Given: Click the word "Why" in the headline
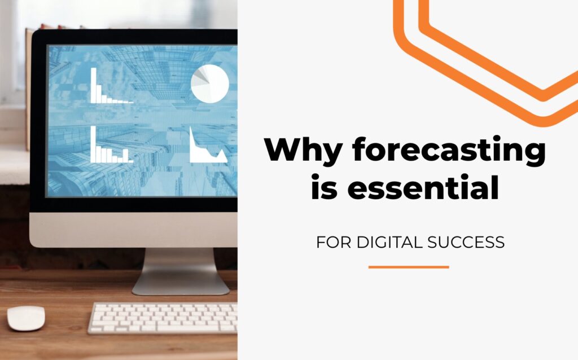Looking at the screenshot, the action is [303, 150].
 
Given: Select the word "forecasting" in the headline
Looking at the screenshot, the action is [449, 149].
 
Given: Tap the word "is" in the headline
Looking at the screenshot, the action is [325, 187].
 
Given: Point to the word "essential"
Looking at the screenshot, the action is [423, 187].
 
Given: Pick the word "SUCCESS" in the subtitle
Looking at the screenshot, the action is [466, 242].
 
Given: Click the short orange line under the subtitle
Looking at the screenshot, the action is [409, 267].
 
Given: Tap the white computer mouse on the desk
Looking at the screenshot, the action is [26, 318].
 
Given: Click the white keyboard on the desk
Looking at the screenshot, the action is [163, 318].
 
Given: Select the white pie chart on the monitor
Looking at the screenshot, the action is [210, 84].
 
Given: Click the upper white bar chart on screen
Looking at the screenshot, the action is [111, 86].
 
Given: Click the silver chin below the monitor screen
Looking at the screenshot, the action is [133, 230].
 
